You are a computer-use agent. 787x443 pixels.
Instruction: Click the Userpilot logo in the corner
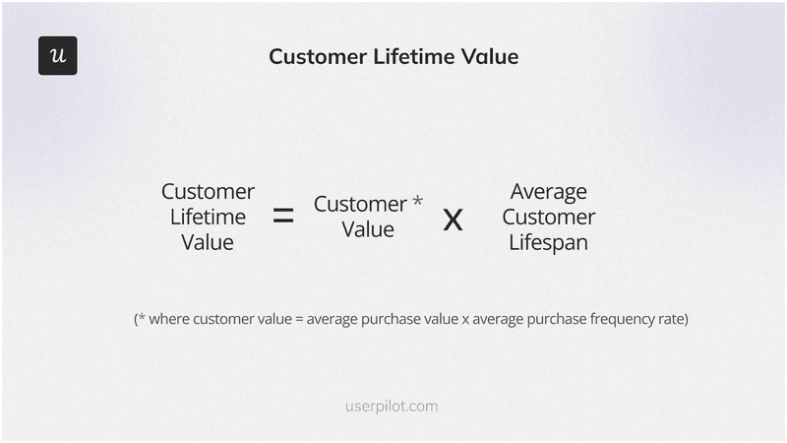57,56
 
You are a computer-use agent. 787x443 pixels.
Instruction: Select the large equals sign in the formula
283,217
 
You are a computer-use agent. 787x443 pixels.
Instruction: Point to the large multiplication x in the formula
453,219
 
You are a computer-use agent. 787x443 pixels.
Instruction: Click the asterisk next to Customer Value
417,202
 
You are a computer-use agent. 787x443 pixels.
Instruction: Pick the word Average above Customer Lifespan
548,191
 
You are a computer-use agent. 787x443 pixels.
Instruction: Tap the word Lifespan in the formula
548,242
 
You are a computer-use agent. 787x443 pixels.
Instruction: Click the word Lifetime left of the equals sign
208,217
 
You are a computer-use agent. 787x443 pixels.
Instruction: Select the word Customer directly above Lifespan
548,217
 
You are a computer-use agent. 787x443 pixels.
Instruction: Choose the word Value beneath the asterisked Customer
368,230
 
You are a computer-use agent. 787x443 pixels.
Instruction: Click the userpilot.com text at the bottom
393,406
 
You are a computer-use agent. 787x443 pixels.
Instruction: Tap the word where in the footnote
170,320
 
